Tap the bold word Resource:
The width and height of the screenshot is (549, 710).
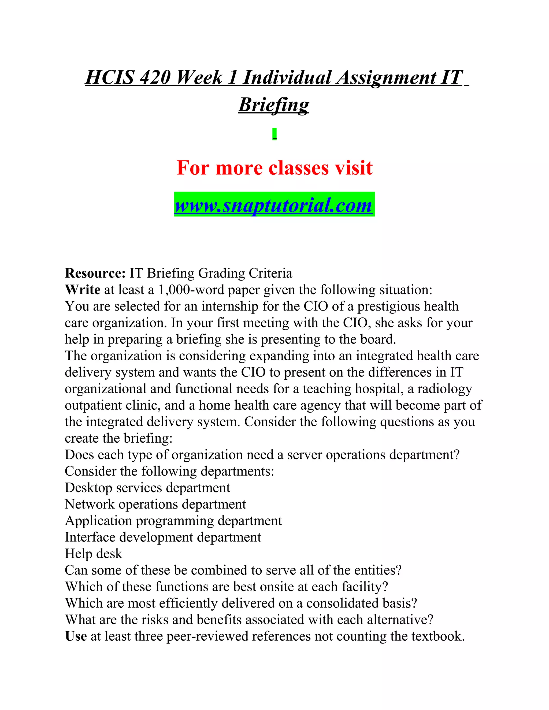pos(95,273)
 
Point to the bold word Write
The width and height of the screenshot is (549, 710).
pos(83,290)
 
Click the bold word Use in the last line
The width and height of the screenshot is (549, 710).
pos(76,636)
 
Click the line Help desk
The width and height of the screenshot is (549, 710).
pos(93,554)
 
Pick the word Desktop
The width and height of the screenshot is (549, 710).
pos(88,488)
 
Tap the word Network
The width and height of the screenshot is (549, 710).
pos(90,504)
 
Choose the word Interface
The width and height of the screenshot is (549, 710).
pos(90,537)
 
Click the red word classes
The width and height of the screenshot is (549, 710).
pos(298,168)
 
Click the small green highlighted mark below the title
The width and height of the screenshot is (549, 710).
pos(274,134)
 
